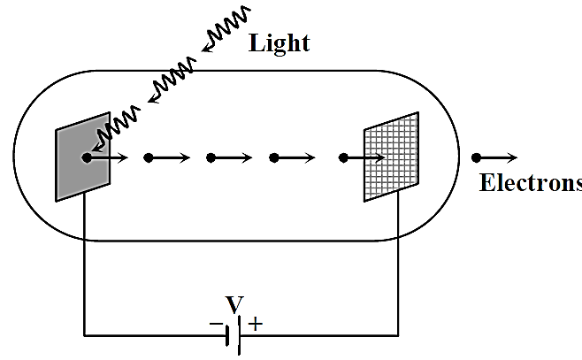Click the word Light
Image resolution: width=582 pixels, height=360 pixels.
click(x=280, y=44)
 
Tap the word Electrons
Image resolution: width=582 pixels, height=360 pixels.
click(x=531, y=182)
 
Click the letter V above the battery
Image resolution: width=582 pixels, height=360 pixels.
click(x=234, y=304)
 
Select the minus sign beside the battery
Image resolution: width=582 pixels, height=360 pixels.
click(x=216, y=324)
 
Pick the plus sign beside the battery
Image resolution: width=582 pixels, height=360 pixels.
click(x=256, y=324)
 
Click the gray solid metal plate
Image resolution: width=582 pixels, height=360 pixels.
click(x=83, y=157)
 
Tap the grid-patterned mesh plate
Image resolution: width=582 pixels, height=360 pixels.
click(x=391, y=157)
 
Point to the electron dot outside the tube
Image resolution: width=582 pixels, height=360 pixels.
click(x=476, y=158)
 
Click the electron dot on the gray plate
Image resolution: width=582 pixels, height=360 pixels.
click(x=87, y=158)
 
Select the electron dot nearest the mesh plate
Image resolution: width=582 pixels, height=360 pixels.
click(x=343, y=158)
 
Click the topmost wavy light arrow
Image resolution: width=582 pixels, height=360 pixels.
click(x=226, y=29)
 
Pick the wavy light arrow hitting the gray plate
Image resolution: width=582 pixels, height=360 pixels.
click(x=116, y=129)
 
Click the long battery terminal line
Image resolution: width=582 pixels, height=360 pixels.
click(x=239, y=335)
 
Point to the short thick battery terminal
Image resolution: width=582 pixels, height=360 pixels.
click(x=227, y=335)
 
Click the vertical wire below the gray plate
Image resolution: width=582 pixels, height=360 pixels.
click(x=84, y=264)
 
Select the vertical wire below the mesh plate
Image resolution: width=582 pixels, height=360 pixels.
click(x=398, y=264)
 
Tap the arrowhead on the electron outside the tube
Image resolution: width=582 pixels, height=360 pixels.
click(x=513, y=158)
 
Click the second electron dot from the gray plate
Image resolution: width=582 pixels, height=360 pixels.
click(x=149, y=158)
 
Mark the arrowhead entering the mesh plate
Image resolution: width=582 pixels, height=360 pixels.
click(x=379, y=158)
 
